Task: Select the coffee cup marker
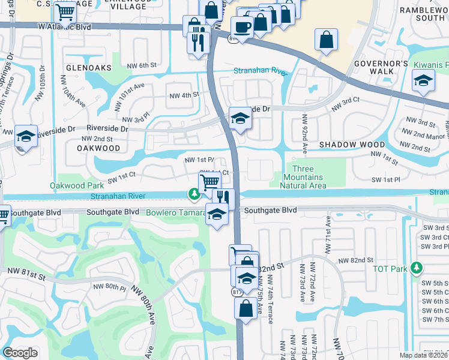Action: (241, 27)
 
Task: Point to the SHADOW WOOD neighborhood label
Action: (352, 145)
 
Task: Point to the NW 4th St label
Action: (184, 95)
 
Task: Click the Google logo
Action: (20, 353)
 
